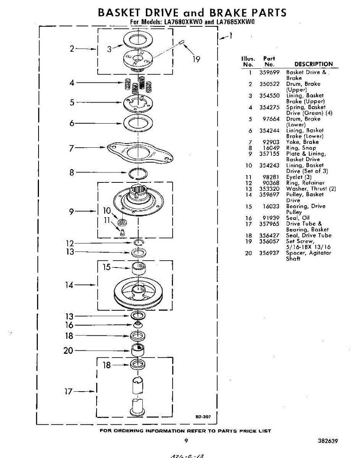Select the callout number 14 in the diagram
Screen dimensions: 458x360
69,285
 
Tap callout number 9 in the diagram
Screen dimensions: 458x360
72,211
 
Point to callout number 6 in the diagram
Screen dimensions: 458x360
72,123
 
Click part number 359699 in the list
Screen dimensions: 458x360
270,72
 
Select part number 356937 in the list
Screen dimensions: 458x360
270,253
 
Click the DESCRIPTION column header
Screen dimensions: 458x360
313,64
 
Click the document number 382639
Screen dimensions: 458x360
327,441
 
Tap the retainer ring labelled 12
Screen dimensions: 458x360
138,243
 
